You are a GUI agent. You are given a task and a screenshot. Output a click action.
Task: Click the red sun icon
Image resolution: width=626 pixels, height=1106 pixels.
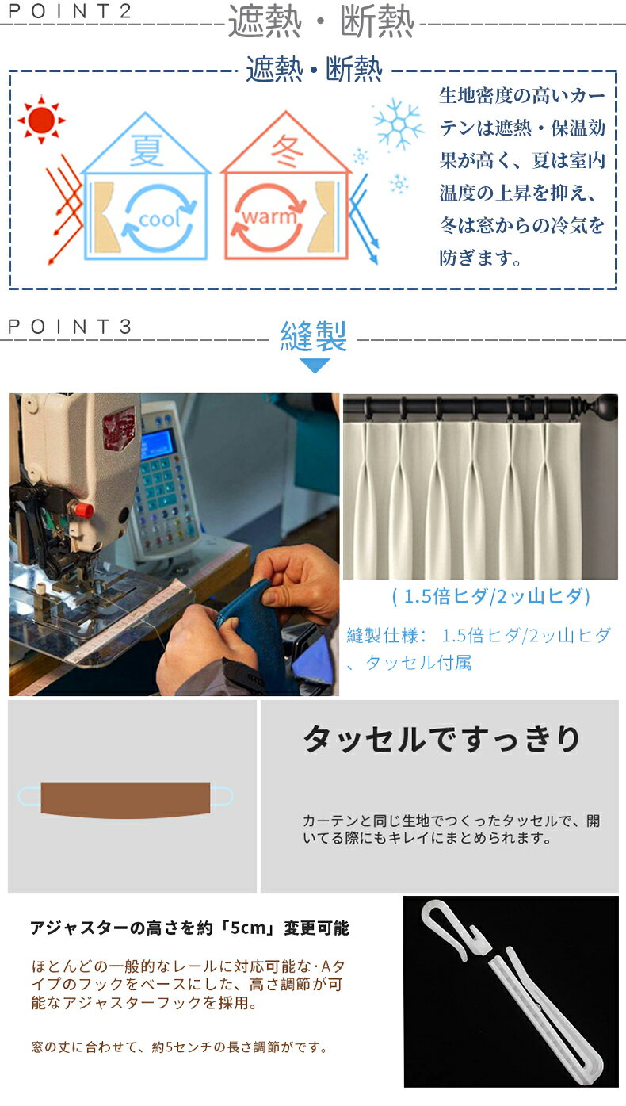point(41,120)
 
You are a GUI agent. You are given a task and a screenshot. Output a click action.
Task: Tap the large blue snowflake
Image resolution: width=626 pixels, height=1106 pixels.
point(398,124)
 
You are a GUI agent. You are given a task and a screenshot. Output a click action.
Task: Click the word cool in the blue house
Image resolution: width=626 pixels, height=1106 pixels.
point(159,218)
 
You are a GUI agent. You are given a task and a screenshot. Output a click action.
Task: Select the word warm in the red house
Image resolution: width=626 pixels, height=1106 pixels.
point(269,216)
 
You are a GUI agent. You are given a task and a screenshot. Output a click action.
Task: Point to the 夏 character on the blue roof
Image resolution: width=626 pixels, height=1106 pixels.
point(146,150)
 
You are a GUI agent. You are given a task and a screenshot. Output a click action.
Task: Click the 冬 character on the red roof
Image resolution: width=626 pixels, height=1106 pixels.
point(287,150)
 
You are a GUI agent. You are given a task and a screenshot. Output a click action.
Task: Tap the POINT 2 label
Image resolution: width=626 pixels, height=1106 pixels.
point(70,11)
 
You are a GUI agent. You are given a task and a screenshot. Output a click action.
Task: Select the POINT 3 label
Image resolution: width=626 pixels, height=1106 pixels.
point(70,327)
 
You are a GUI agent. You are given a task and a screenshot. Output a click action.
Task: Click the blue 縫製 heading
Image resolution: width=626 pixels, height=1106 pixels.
point(314,335)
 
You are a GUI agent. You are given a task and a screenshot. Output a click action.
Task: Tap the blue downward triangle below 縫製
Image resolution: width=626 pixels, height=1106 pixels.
point(315,365)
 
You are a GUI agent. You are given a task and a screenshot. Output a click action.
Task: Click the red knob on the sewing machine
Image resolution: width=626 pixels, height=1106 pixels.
point(84,508)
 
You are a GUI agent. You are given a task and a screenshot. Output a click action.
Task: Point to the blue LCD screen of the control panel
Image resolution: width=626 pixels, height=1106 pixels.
point(158,444)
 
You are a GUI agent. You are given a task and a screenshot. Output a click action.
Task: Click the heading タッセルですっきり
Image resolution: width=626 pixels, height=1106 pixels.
point(442,739)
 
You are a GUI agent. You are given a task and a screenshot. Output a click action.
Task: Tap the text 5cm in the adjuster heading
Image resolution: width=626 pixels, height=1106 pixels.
point(248,928)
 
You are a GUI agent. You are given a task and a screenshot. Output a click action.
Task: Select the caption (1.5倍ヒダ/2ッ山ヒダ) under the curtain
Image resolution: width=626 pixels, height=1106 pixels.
point(490,596)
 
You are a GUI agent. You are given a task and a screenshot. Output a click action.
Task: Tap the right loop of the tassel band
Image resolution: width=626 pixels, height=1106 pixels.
point(223,795)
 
